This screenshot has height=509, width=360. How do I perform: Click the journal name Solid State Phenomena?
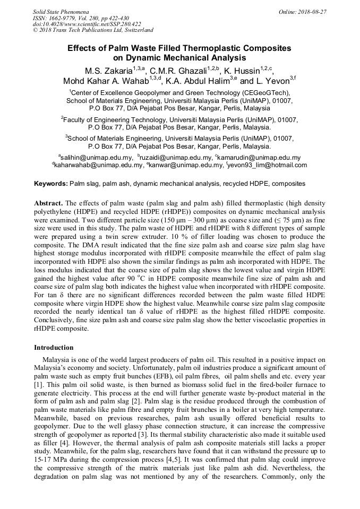60,11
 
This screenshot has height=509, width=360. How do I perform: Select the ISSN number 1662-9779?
64,18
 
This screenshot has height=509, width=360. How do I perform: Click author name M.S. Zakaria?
109,71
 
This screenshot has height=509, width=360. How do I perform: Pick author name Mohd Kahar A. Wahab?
105,81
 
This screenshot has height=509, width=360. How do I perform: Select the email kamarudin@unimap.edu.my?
260,158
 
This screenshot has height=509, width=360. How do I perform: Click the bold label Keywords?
51,184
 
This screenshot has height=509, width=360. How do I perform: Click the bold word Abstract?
49,203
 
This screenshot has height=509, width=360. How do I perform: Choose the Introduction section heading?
54,348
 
